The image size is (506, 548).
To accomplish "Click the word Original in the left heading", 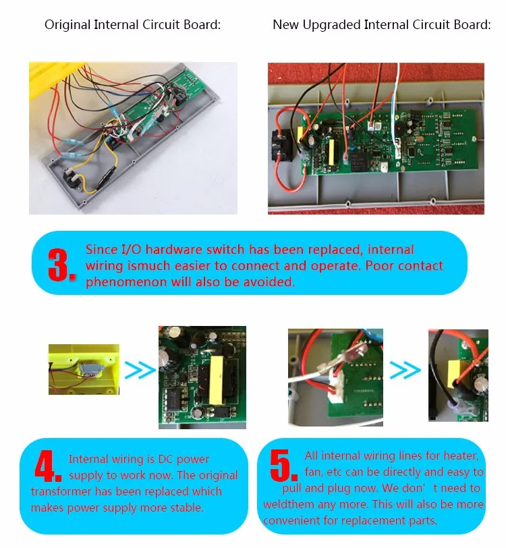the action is click(67, 25).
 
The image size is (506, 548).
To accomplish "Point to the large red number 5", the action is click(283, 464).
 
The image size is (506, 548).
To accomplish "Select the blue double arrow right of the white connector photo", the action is click(405, 369).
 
